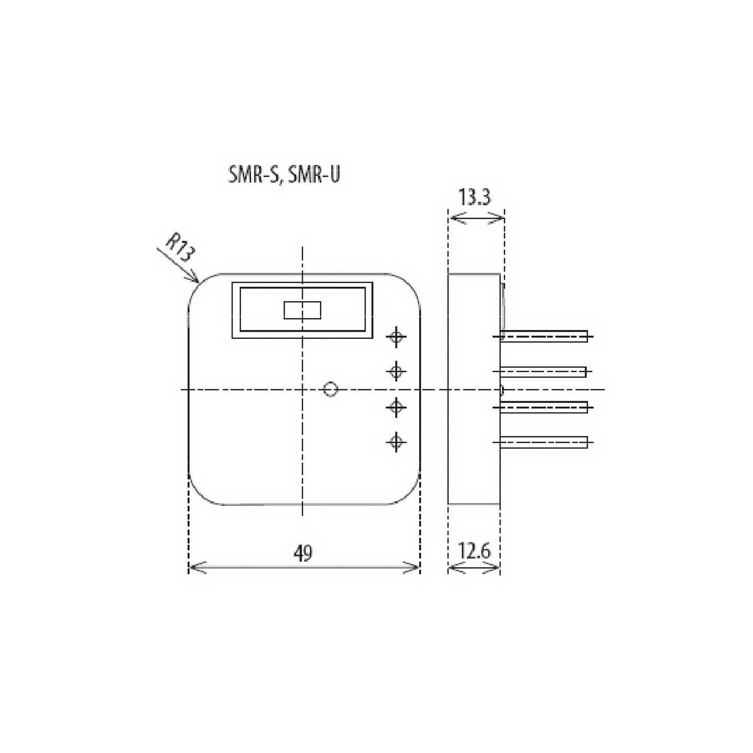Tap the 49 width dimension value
point(303,553)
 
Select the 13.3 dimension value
point(474,197)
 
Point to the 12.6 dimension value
point(474,551)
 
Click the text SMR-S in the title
point(253,175)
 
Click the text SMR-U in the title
point(314,174)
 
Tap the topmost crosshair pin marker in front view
point(397,337)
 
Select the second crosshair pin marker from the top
point(397,371)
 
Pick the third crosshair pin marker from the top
point(397,407)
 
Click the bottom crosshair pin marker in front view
point(397,442)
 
